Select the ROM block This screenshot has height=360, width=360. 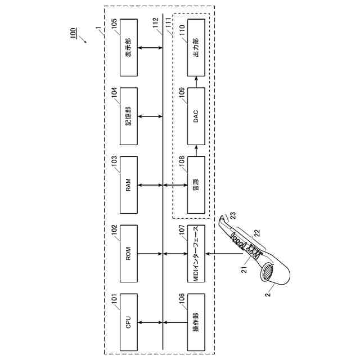click(128, 254)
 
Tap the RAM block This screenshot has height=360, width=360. click(128, 185)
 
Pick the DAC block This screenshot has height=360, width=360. click(196, 116)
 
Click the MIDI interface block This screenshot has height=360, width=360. click(196, 254)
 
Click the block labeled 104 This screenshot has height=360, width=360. click(128, 116)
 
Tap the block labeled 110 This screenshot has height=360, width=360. click(196, 48)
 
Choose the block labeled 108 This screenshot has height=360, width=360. click(196, 185)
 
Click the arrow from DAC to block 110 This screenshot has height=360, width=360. click(196, 82)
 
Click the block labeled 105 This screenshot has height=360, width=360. click(128, 48)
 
